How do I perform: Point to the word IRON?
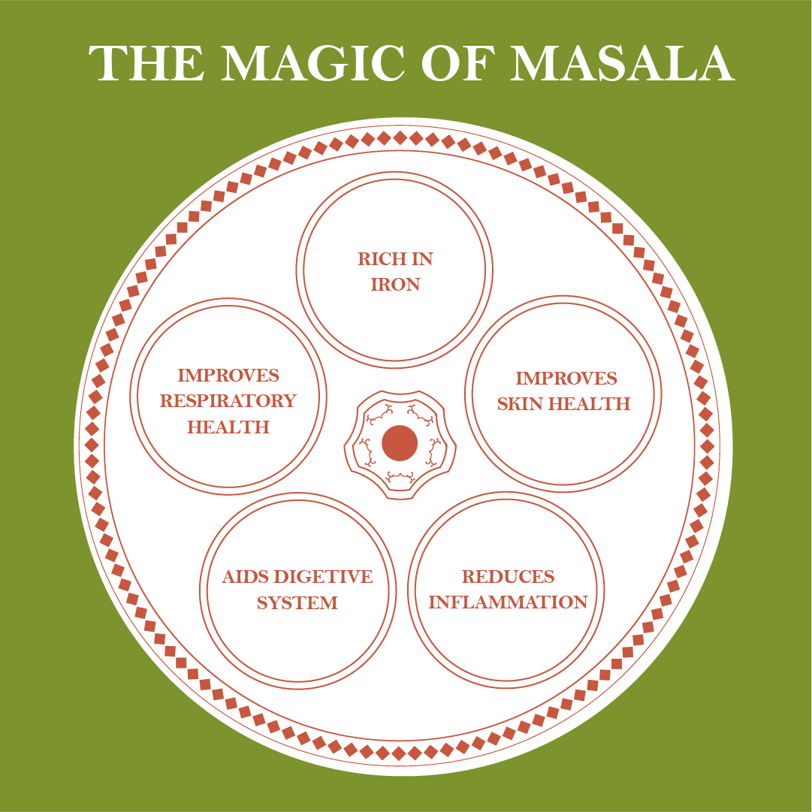(x=395, y=285)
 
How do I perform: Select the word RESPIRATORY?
(x=228, y=401)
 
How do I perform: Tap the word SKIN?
(x=521, y=404)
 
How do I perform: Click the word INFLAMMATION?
(x=508, y=602)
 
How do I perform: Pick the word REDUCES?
(x=508, y=577)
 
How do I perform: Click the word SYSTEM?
(x=297, y=602)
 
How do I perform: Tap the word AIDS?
(x=245, y=577)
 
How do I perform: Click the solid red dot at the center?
(x=400, y=443)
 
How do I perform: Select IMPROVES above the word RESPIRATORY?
(x=228, y=376)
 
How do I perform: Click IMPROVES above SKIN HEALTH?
(x=566, y=379)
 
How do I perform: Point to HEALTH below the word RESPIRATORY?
(x=228, y=427)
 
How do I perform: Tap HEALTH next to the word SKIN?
(x=590, y=404)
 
